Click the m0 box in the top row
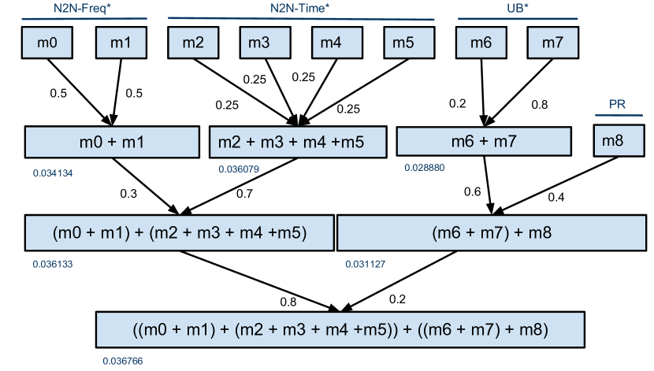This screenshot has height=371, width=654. coord(47,43)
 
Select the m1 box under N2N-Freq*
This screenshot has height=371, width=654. coord(121,43)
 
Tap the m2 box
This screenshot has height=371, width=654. coord(193,43)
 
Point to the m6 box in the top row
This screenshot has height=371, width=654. coord(481,43)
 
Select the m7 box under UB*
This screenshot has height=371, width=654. coord(552,43)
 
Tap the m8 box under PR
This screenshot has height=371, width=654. coord(619,141)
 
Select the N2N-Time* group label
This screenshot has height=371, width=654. coord(299,9)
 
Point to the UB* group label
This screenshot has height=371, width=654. coord(517,9)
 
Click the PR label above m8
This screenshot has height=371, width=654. coord(618,106)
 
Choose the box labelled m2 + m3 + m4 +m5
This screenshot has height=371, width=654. coord(298,142)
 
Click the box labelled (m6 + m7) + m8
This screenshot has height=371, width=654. coord(491,232)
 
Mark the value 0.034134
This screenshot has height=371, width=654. coord(53,173)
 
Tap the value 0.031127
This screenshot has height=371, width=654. coord(365,264)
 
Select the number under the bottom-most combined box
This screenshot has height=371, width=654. coord(123,361)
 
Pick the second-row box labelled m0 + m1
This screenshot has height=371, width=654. coord(112,142)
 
